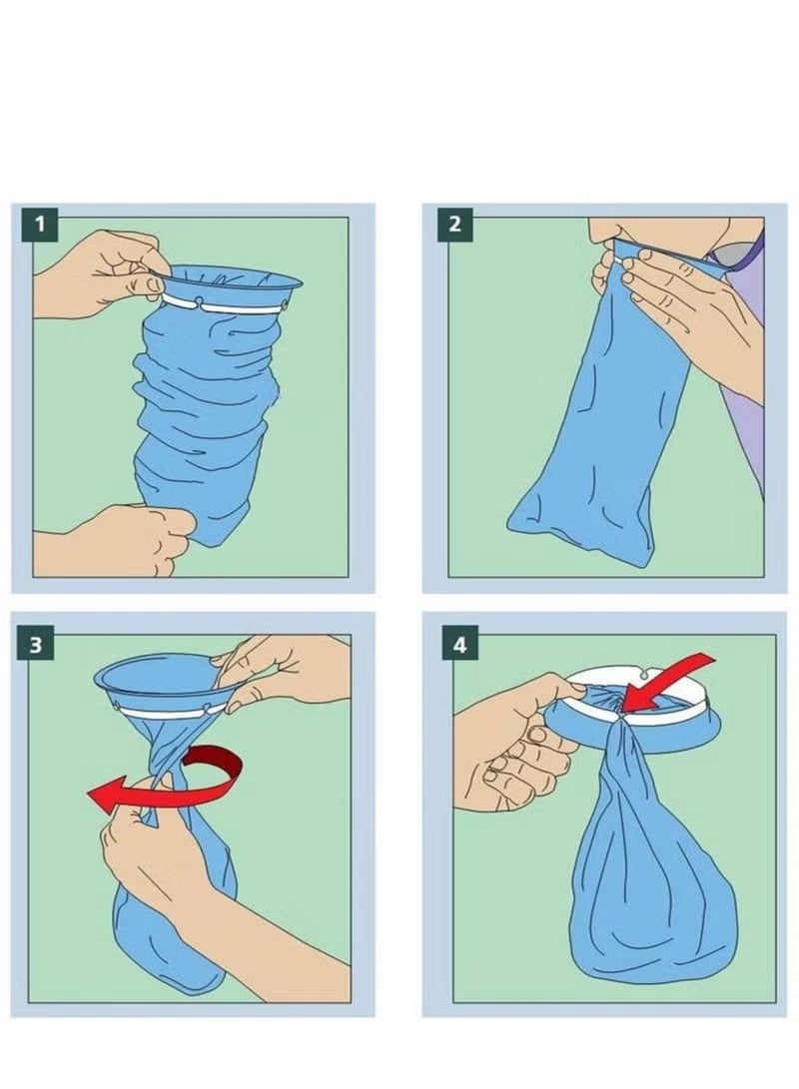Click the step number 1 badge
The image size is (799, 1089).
point(40,223)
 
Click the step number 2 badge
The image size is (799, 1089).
point(454,223)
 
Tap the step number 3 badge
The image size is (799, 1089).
point(36,644)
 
